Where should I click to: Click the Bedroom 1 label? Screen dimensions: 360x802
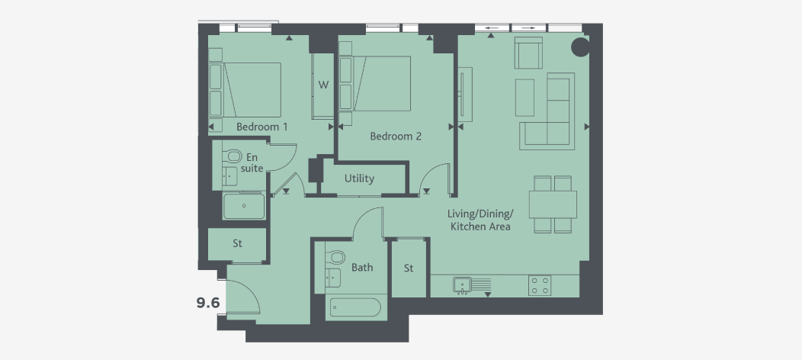(x=261, y=126)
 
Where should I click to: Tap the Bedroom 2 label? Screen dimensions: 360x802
(x=396, y=137)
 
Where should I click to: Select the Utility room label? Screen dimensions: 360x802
(x=359, y=178)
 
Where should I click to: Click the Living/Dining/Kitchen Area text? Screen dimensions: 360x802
(x=480, y=220)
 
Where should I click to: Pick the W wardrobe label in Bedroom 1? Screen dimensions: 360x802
(x=323, y=85)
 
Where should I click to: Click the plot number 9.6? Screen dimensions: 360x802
(x=208, y=303)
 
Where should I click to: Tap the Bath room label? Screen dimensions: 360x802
(x=362, y=268)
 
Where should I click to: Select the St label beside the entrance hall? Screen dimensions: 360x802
(x=237, y=244)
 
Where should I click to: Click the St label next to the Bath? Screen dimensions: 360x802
(x=409, y=268)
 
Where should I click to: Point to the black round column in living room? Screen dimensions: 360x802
(x=580, y=47)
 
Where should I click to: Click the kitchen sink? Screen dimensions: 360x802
(x=462, y=285)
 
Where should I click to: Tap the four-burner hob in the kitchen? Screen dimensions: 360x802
(x=541, y=285)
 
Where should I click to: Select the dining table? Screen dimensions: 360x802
(x=553, y=204)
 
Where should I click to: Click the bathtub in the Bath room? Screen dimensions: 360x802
(x=354, y=308)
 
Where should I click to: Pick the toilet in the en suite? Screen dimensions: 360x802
(x=234, y=156)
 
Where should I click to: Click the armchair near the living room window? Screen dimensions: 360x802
(x=528, y=53)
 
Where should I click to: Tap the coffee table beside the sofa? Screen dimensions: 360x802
(x=525, y=97)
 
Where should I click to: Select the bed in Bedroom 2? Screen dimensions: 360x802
(x=381, y=83)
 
